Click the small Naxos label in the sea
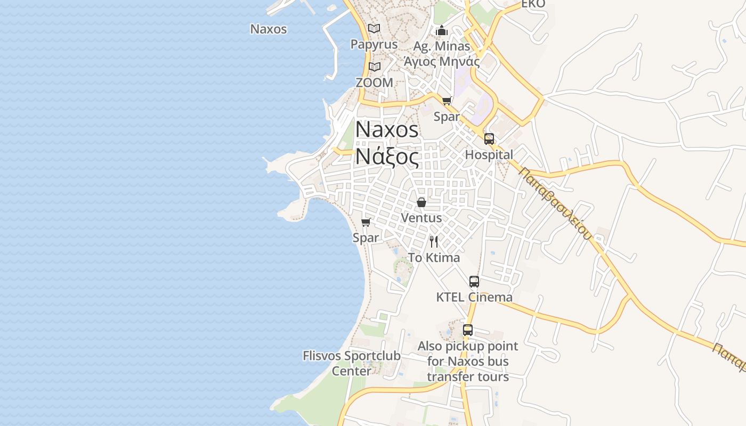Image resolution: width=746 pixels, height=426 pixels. pos(269,29)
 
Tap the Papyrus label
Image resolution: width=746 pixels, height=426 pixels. pos(374,44)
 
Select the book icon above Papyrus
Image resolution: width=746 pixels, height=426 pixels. pos(375,28)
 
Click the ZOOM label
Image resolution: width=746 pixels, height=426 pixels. pos(375,83)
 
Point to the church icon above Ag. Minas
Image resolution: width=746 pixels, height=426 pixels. pos(441,31)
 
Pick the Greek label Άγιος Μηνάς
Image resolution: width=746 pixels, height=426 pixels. pos(442,61)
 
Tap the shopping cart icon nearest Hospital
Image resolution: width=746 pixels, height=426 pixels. pos(447,101)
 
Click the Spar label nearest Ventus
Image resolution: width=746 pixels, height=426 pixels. pos(366,237)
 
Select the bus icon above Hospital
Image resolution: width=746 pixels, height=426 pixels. pos(489,139)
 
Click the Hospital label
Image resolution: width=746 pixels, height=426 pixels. pos(489,155)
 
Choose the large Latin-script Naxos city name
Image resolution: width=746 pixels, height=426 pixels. pos(387,129)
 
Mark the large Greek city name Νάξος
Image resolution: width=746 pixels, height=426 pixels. pos(387,157)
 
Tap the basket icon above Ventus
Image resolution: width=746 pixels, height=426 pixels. pos(421,202)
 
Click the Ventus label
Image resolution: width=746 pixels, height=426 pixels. pos(421,218)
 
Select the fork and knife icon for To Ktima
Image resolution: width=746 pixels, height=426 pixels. pos(434,242)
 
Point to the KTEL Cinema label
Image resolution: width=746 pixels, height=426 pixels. pos(474,297)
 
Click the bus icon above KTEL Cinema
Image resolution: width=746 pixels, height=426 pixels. pos(474,282)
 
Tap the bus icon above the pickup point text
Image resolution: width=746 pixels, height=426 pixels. pos(468,330)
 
